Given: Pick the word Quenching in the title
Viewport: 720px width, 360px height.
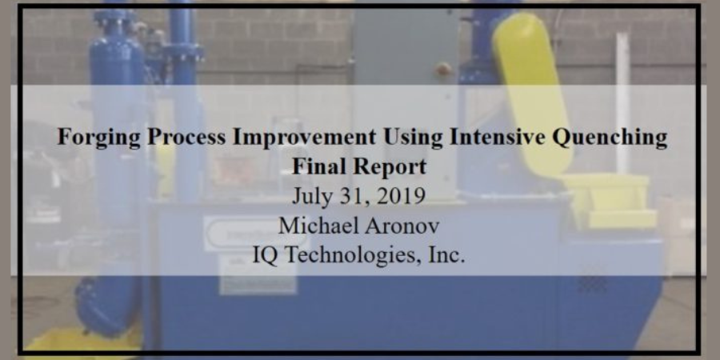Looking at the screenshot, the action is [610, 138].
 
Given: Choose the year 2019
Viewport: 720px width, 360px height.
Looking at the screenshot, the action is [400, 197].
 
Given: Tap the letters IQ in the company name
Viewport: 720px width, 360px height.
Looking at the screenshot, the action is [265, 255].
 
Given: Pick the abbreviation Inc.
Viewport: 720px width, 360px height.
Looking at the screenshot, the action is [446, 255].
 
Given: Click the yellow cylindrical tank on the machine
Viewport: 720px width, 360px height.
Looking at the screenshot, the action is [532, 93].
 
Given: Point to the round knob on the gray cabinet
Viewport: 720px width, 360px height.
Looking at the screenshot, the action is [443, 70].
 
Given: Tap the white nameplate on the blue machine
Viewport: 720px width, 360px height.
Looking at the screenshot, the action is [256, 234].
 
